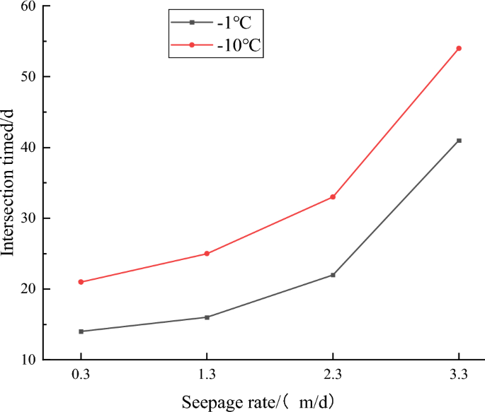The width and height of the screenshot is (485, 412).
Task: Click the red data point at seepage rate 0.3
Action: click(x=81, y=282)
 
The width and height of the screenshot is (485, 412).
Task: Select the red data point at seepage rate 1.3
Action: click(x=207, y=254)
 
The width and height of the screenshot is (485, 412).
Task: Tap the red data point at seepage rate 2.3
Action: click(x=333, y=197)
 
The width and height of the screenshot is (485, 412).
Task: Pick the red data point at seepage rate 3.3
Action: click(x=459, y=48)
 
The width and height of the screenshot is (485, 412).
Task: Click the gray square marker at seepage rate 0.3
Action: click(x=81, y=331)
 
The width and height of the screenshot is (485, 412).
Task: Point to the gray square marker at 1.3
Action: click(x=207, y=317)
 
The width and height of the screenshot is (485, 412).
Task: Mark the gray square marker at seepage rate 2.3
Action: click(x=333, y=275)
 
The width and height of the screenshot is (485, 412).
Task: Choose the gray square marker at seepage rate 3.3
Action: click(x=459, y=141)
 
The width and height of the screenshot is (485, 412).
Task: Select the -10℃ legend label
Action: click(x=238, y=46)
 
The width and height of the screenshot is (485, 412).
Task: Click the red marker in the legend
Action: click(x=191, y=46)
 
